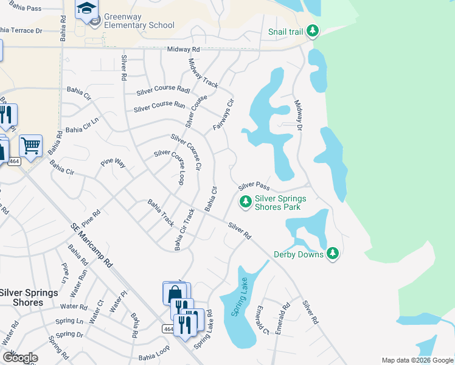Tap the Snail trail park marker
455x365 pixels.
click(x=313, y=30)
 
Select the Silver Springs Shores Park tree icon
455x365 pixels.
click(x=245, y=201)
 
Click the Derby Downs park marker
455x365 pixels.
click(x=332, y=253)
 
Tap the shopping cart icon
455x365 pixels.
click(x=30, y=146)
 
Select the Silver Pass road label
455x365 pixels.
click(x=254, y=185)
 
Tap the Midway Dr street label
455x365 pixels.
click(x=297, y=115)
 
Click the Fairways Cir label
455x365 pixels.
click(x=223, y=114)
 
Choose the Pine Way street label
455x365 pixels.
click(x=113, y=163)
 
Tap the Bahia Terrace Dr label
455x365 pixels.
click(x=21, y=29)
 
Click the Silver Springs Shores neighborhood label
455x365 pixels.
click(x=29, y=297)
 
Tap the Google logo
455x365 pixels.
click(x=19, y=358)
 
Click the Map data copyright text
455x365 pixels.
click(x=417, y=360)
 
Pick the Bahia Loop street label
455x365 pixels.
click(x=153, y=357)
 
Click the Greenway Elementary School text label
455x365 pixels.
click(x=139, y=21)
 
